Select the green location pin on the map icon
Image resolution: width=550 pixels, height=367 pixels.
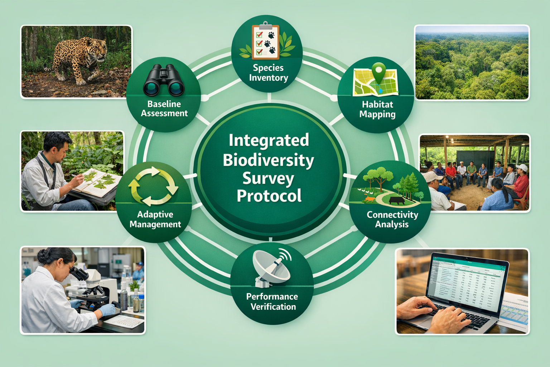pos(378,72)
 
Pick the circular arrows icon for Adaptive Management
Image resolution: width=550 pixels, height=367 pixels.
pos(153,186)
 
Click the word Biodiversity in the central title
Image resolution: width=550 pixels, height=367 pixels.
pos(268,160)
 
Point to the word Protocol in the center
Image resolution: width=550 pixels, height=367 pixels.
pos(269,196)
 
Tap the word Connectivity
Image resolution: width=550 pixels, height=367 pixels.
pos(392,215)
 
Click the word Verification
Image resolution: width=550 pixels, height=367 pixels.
pos(273,307)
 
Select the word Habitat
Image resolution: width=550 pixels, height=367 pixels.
pos(377,105)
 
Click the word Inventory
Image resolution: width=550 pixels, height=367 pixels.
pos(269,78)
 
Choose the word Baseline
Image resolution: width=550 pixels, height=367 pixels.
pos(164,104)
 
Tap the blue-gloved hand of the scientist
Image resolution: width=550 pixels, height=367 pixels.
pos(106,309)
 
